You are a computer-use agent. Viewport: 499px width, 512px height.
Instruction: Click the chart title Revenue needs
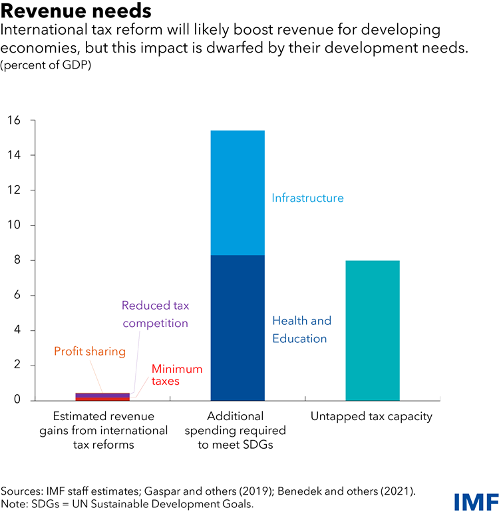coord(77,11)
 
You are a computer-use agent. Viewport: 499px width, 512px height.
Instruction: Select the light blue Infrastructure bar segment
coord(238,192)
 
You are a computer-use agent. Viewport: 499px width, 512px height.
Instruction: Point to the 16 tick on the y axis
coord(15,121)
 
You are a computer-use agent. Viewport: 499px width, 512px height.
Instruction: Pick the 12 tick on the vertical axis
coord(15,190)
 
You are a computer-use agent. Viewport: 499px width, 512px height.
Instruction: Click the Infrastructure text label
coord(307,198)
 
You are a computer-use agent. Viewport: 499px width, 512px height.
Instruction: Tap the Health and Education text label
coord(301,330)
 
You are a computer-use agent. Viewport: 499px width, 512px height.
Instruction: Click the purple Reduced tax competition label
coord(155,314)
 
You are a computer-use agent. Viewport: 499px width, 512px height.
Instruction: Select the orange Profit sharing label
coord(90,352)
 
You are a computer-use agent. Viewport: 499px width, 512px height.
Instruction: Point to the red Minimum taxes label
coord(176,375)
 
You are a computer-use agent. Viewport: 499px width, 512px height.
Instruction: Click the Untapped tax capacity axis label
coord(372,417)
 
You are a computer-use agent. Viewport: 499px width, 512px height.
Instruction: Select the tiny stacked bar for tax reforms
coord(102,396)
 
